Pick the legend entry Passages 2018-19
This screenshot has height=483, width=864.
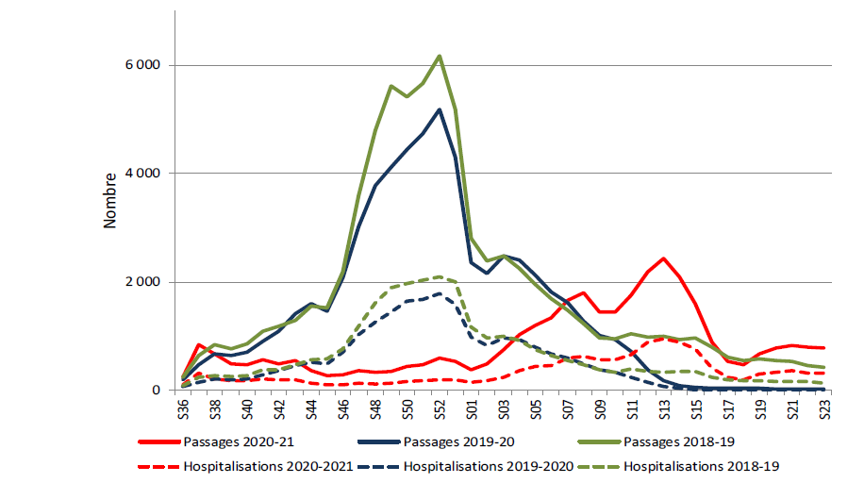coord(666,441)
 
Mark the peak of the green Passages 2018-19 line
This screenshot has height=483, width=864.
coord(440,56)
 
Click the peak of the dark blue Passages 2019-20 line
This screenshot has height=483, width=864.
coord(440,109)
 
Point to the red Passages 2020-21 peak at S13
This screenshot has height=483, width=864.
coord(664,258)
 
